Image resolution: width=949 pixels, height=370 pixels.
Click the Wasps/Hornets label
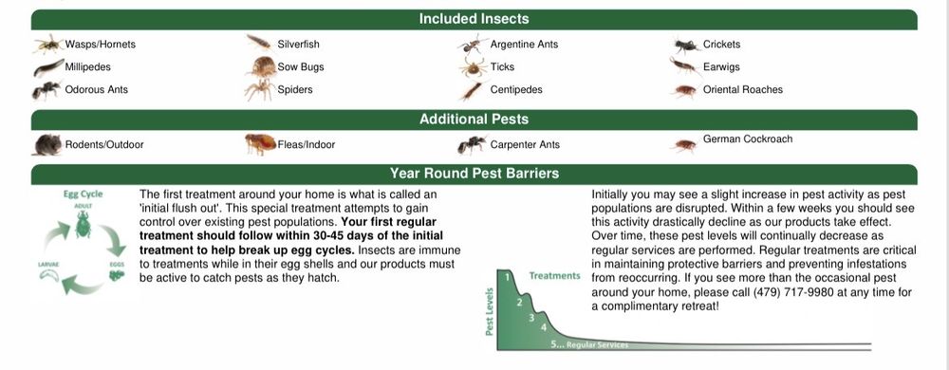(100, 45)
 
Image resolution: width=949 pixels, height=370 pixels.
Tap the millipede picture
(49, 67)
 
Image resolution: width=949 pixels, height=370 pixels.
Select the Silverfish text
(298, 45)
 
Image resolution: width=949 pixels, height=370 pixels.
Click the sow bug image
(262, 66)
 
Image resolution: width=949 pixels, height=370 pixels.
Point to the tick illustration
(473, 67)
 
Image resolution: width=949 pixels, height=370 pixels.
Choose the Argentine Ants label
(524, 45)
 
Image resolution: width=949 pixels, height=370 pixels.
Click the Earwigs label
(721, 67)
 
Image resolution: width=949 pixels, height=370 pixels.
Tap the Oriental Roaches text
(743, 89)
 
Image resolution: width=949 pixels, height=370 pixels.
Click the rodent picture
(47, 145)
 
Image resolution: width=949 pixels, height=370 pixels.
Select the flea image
(261, 144)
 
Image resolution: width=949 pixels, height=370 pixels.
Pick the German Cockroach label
(748, 139)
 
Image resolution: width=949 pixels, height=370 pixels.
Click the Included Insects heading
(474, 19)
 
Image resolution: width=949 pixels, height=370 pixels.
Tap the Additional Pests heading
(474, 120)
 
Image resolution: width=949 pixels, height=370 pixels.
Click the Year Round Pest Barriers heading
(474, 174)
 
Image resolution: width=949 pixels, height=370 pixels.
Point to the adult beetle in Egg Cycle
(83, 224)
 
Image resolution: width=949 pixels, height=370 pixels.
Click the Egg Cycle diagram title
(83, 194)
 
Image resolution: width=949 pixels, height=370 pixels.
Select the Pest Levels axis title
(490, 311)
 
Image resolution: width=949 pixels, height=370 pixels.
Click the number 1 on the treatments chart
(508, 276)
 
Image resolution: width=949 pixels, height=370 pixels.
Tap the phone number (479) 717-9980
(793, 292)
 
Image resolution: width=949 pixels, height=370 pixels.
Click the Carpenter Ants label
(525, 145)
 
